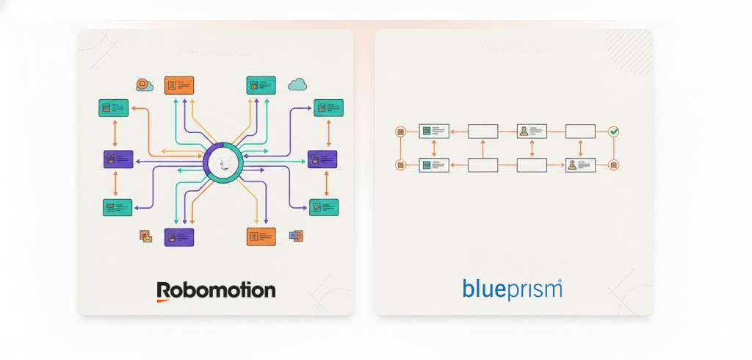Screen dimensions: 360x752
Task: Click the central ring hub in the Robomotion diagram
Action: [224, 162]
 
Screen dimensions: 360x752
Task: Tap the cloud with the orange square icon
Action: [144, 85]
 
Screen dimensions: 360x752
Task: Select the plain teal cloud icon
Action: [297, 84]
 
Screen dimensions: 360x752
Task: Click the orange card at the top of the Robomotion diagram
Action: [179, 84]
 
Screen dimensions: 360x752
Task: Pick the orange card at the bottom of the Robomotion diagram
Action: [261, 236]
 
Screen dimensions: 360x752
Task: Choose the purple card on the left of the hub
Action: [118, 159]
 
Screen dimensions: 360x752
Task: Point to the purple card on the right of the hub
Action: [322, 159]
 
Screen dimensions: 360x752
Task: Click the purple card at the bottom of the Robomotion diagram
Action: [179, 237]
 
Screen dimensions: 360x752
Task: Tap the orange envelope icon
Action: [145, 236]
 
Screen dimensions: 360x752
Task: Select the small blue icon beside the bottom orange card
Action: [296, 236]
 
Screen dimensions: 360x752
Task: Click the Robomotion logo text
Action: [216, 290]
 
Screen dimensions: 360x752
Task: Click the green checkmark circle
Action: [615, 132]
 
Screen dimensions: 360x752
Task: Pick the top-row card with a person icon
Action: [532, 132]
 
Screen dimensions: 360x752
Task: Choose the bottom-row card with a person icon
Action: [580, 165]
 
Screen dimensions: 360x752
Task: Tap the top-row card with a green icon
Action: [434, 132]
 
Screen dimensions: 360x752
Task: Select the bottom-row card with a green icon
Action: [434, 165]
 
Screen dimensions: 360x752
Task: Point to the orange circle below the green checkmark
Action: [615, 165]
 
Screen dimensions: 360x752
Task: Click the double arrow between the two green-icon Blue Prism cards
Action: [434, 148]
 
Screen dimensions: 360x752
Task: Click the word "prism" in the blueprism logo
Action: [534, 289]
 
